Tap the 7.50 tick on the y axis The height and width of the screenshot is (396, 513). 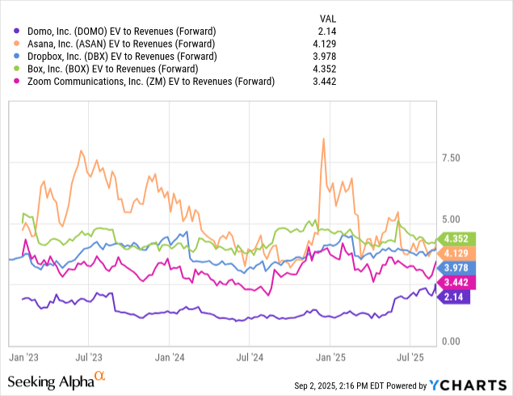click(451, 158)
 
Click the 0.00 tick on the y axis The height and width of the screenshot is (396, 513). click(451, 342)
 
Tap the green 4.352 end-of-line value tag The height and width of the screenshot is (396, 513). click(457, 238)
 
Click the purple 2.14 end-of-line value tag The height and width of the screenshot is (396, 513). click(454, 297)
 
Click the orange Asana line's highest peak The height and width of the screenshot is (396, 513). click(323, 139)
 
